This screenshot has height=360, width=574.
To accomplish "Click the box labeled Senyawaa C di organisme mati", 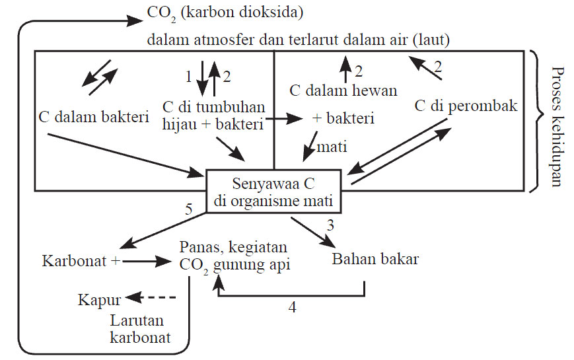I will (x=273, y=192).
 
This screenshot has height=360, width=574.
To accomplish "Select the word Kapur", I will (x=99, y=299).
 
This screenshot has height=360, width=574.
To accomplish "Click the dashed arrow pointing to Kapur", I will (x=151, y=299).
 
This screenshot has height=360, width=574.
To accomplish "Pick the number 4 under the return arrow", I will (x=292, y=307).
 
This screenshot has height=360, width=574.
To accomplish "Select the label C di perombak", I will (x=466, y=106).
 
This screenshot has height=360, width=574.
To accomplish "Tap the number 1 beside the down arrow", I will (x=188, y=76).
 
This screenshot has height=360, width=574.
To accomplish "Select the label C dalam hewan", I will (x=344, y=90).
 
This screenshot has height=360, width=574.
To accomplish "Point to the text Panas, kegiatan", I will (x=233, y=247).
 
